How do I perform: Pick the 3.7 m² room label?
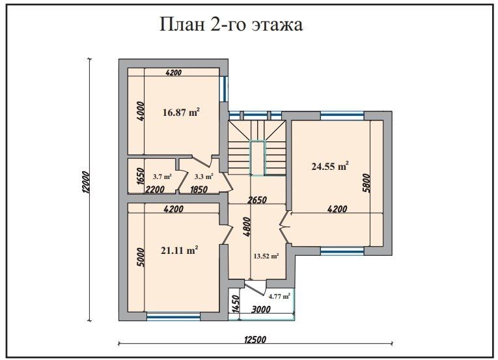(162, 176)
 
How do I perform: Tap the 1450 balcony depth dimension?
(235, 304)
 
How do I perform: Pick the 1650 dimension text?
(138, 177)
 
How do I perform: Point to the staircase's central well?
(258, 158)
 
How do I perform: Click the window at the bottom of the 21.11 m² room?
(164, 317)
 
